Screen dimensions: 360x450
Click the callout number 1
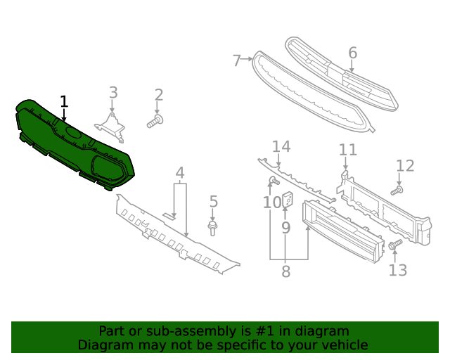[64, 102]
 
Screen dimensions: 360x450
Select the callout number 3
[112, 92]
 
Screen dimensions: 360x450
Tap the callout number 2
[159, 95]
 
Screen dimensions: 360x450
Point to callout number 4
[180, 172]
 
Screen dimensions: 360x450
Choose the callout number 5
[213, 202]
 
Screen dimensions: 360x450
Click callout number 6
[352, 53]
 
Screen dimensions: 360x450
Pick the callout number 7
[237, 60]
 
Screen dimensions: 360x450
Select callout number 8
[285, 271]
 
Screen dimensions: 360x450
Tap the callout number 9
[285, 227]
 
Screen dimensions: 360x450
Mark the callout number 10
[272, 203]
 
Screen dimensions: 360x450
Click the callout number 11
[347, 150]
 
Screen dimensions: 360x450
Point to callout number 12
[405, 166]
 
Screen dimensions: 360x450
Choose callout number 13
[397, 270]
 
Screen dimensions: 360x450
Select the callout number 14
[281, 146]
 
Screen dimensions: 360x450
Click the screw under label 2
[155, 123]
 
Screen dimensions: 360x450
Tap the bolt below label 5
[213, 228]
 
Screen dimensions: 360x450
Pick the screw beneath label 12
[397, 190]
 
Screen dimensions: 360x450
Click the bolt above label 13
[394, 245]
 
